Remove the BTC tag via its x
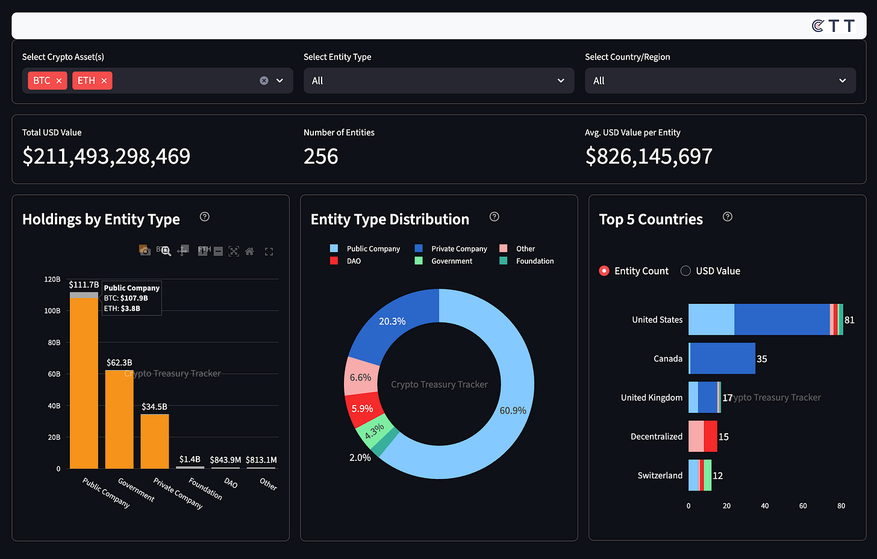tap(59, 81)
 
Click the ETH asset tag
tap(86, 81)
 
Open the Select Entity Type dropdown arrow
tap(561, 81)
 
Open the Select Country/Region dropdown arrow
tap(842, 81)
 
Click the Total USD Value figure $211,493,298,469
tap(106, 156)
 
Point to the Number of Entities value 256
tap(320, 156)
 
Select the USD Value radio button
tap(685, 271)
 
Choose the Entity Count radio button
tap(604, 271)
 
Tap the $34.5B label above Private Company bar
tap(154, 407)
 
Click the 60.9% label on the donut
tap(513, 410)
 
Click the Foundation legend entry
tap(534, 261)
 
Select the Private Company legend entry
tap(458, 249)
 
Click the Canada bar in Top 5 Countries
tap(722, 359)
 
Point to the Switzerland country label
tap(660, 475)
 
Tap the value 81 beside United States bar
tap(849, 320)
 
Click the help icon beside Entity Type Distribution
tap(495, 217)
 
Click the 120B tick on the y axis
tap(52, 279)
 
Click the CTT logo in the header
tap(833, 26)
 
